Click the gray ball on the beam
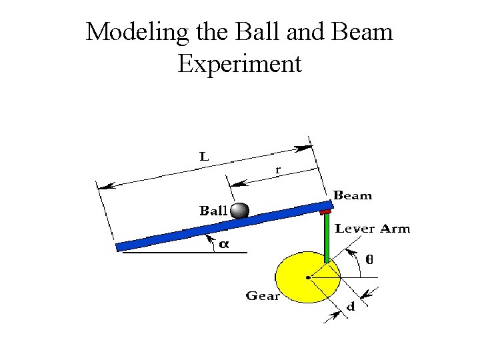(239, 211)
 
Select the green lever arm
(327, 237)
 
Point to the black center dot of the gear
(307, 277)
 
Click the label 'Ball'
(213, 211)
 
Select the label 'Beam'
(353, 195)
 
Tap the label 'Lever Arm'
(372, 229)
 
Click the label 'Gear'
(263, 295)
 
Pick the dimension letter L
(205, 157)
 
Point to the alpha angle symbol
(224, 244)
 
